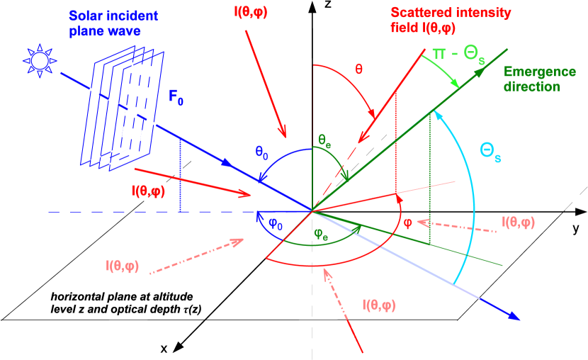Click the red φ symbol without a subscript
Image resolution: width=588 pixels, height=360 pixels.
[407, 221]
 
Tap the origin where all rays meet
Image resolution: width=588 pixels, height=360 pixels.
[312, 210]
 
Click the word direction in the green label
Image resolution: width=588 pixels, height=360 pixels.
[531, 87]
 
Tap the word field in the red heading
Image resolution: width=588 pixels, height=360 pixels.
[405, 28]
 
